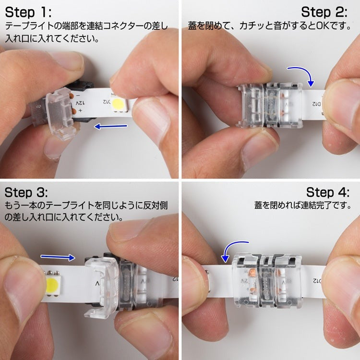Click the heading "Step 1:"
[x=28, y=12]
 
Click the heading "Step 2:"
[x=324, y=12]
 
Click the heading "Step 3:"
[x=26, y=192]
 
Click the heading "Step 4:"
[x=328, y=192]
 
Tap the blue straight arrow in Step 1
[x=111, y=126]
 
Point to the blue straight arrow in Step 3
[x=58, y=257]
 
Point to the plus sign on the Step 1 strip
[x=80, y=111]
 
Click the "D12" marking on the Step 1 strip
[x=107, y=101]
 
